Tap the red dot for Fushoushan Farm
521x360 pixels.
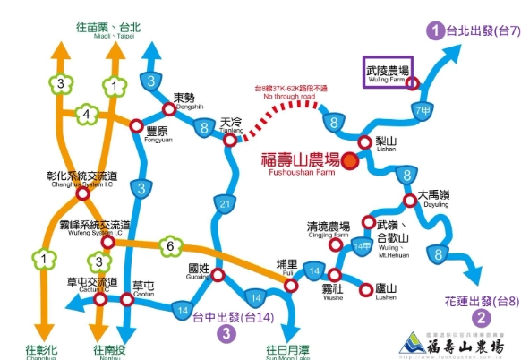[349, 162]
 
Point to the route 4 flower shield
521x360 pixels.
[88, 115]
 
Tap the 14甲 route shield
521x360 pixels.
[361, 244]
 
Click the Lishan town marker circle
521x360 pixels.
[364, 142]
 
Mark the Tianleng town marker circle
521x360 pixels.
[230, 140]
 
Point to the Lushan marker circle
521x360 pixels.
[365, 290]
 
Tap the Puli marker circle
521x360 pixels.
[290, 285]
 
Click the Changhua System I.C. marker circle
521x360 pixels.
[82, 193]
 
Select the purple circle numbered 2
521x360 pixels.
[481, 318]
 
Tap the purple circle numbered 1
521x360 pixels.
[435, 32]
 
